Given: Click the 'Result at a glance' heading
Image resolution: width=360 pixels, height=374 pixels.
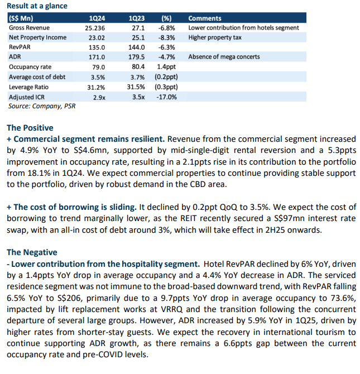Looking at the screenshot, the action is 37,6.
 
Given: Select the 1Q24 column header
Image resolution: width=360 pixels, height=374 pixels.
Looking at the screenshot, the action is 97,18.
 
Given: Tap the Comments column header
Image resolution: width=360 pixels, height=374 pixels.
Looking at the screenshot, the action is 205,18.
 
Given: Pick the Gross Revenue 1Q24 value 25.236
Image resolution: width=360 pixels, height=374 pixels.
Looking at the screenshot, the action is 95,28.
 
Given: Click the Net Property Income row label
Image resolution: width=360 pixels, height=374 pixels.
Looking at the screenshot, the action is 38,37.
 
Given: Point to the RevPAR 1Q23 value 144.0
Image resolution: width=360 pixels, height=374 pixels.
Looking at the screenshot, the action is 136,47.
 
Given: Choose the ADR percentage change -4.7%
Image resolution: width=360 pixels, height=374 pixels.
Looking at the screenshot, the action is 166,57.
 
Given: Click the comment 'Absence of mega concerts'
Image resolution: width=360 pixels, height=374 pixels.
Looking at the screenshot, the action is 224,57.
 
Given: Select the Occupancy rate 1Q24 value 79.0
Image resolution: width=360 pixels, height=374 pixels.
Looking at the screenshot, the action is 99,67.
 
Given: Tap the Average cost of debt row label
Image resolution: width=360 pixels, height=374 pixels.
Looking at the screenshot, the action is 37,77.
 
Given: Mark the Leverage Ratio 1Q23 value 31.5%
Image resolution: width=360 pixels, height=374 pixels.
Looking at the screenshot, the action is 136,87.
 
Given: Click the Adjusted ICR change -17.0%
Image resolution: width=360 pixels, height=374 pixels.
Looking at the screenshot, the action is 166,97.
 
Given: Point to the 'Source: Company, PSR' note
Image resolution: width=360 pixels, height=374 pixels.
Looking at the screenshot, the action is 42,106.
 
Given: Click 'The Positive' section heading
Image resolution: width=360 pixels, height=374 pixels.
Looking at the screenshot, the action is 30,128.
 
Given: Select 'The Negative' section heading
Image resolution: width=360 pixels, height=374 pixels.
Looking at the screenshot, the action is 32,252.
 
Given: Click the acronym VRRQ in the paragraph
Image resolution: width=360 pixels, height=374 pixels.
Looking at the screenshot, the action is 171,309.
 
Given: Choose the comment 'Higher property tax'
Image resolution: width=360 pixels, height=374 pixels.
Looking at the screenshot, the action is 215,37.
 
